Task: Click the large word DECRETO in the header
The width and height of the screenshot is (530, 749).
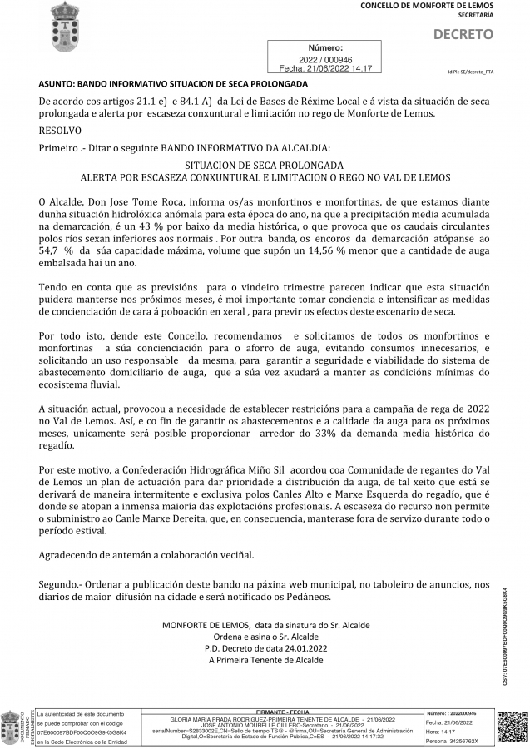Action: [x=463, y=35]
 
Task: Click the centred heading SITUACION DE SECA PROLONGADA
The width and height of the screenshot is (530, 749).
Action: [x=265, y=166]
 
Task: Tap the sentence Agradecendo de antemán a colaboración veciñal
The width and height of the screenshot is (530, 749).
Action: [x=146, y=554]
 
